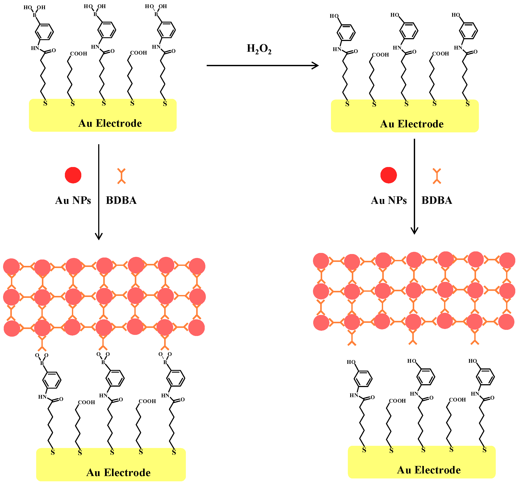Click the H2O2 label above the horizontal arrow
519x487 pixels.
(259, 49)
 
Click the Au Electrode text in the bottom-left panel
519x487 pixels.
(118, 472)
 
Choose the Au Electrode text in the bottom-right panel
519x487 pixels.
(429, 470)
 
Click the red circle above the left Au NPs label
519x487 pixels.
(73, 175)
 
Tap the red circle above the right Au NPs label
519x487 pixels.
(388, 175)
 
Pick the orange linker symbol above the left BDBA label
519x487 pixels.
(121, 176)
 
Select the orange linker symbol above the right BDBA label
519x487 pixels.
(437, 176)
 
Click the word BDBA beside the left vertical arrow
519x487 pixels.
(121, 200)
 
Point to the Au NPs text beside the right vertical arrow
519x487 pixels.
(389, 200)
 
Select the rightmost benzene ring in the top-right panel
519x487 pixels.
(468, 31)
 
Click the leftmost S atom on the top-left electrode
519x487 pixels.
(45, 103)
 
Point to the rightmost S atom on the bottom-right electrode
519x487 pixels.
(485, 450)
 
